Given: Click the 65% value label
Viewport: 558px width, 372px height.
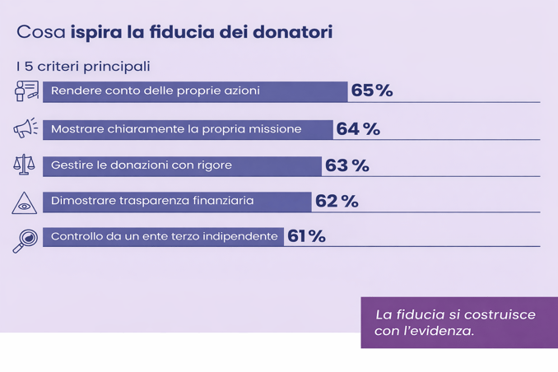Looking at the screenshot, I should (372, 91).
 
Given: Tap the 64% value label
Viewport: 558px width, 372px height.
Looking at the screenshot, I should (358, 129).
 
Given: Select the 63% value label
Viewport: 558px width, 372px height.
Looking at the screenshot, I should (347, 165).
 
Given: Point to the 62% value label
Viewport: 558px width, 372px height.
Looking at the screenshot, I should (337, 202).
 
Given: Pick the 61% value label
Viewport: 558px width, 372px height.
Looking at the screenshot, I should (306, 237).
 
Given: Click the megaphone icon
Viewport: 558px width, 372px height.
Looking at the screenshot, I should (26, 128).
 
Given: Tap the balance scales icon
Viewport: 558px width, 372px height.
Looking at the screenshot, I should (25, 165).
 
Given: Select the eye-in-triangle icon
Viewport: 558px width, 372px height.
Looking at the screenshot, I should (25, 202).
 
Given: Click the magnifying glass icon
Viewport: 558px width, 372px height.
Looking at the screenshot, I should (25, 239).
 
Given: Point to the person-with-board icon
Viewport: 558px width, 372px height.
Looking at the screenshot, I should (26, 91).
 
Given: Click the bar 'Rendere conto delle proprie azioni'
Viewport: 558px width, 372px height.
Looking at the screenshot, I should (195, 91).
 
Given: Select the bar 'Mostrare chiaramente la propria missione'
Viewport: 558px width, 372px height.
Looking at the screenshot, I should (188, 129).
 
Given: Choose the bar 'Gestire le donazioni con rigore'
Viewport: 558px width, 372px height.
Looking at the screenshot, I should (182, 165).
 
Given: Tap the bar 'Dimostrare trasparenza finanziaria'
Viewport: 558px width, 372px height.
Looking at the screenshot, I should (177, 202).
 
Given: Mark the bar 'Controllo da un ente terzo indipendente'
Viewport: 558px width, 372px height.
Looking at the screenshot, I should (163, 237).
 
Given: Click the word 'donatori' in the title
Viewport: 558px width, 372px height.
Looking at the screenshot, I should (295, 32).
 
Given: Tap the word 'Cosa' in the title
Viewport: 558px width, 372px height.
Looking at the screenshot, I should (40, 32).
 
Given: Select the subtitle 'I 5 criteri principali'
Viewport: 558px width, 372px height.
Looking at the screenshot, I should (82, 66).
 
